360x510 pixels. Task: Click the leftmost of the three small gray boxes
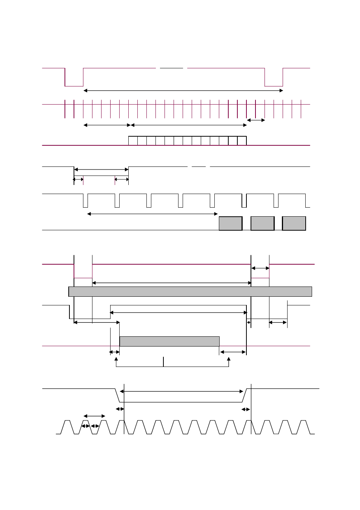tap(231, 223)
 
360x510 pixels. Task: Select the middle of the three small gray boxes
tap(262, 223)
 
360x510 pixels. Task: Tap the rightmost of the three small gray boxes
tap(294, 223)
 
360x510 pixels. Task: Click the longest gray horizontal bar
tap(190, 291)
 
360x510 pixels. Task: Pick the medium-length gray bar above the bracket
tap(169, 341)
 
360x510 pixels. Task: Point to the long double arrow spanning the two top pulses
tap(183, 91)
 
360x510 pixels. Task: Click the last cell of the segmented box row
tap(242, 141)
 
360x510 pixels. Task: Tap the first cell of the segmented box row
tap(133, 141)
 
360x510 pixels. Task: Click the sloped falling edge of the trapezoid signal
tap(117, 395)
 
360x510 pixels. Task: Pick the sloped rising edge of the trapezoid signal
tap(244, 395)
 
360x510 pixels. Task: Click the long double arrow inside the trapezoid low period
tap(182, 391)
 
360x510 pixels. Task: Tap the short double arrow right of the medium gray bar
tap(233, 352)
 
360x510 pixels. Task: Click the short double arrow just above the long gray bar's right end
tap(260, 268)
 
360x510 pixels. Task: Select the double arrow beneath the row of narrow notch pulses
tap(152, 214)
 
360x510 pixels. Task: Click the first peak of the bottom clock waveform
tap(67, 421)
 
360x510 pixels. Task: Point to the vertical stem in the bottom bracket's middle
tap(163, 362)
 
